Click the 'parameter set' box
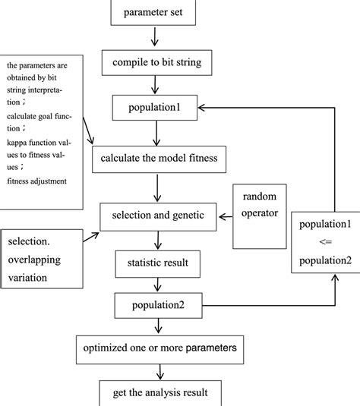pyautogui.click(x=156, y=11)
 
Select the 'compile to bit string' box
pyautogui.click(x=156, y=61)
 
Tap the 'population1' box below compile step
pyautogui.click(x=156, y=108)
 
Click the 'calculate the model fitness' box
pyautogui.click(x=156, y=159)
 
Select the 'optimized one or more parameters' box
pyautogui.click(x=156, y=348)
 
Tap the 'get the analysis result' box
pyautogui.click(x=156, y=393)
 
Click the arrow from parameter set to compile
pyautogui.click(x=156, y=36)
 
